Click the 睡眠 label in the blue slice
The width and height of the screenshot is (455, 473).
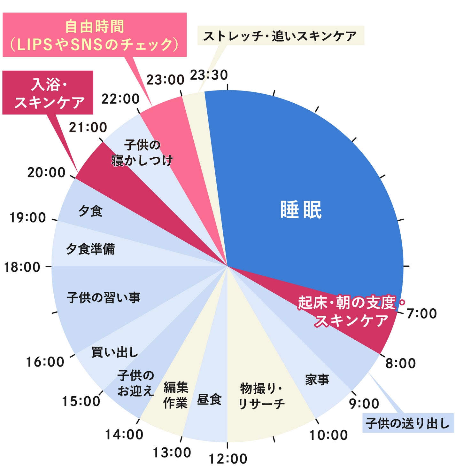301,210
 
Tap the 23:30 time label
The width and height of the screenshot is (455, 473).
209,75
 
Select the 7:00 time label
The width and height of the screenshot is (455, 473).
421,314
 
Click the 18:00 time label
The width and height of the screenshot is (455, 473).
22,267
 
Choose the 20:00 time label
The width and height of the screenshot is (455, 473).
46,173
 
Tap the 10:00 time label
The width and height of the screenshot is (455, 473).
328,435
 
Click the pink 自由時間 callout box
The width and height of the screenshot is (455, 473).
95,35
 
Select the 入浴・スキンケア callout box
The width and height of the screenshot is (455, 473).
48,93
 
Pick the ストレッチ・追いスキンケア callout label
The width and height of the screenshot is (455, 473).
281,35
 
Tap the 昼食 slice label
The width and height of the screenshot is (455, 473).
209,399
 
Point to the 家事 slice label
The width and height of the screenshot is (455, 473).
317,380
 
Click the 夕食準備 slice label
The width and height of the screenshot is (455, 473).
90,249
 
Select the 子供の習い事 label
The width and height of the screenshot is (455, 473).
104,298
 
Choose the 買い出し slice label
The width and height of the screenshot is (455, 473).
115,352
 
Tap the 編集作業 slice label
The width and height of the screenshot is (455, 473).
175,395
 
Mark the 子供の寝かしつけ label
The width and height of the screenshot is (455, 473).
142,153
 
